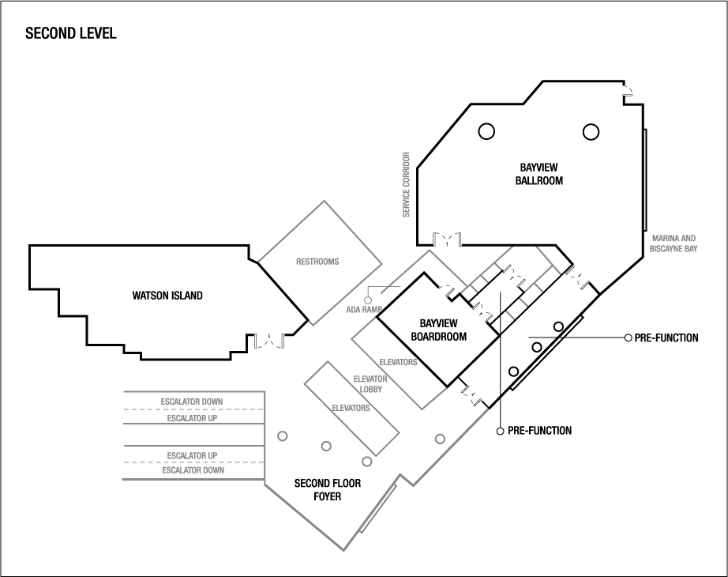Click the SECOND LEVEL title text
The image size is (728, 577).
click(x=71, y=33)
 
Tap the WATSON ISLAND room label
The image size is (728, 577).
click(x=167, y=296)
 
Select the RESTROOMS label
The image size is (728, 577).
click(x=317, y=262)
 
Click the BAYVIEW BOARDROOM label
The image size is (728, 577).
click(x=439, y=330)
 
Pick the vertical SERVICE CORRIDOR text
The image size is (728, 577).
click(x=407, y=184)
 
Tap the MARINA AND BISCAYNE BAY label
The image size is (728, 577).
click(x=674, y=243)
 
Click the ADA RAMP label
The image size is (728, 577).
click(x=364, y=309)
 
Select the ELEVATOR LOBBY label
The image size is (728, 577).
click(x=371, y=383)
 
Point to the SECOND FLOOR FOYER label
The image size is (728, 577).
click(x=328, y=489)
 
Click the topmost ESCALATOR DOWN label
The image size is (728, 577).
click(x=192, y=402)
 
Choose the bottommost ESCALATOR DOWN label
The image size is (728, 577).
click(x=193, y=470)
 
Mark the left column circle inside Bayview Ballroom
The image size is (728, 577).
click(x=486, y=131)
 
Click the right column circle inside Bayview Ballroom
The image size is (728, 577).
click(x=591, y=131)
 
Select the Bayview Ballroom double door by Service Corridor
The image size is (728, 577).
click(x=447, y=239)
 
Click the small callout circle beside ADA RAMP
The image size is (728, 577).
click(x=368, y=300)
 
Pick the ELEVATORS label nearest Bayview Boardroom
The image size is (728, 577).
click(x=398, y=362)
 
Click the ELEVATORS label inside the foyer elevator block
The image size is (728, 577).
click(x=351, y=408)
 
